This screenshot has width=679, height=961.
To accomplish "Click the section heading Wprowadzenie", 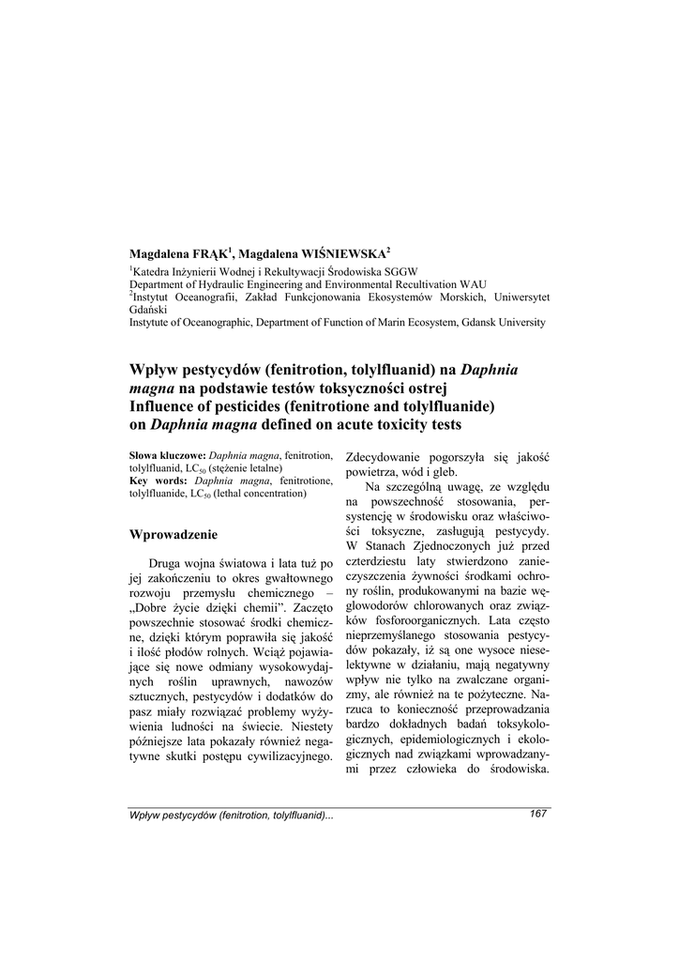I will coord(174,535).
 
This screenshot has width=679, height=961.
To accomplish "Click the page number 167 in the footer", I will coord(538,814).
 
